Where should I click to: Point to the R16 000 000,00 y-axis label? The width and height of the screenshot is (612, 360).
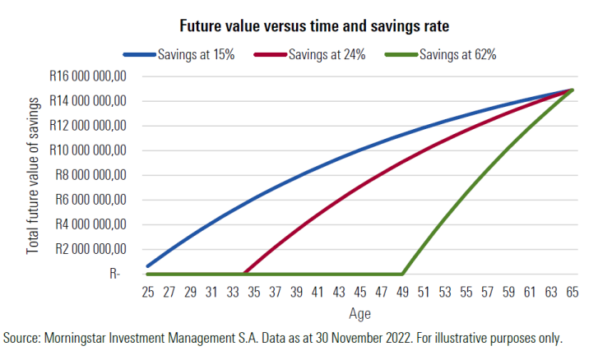(x=86, y=76)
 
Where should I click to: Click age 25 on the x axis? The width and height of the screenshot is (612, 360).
(x=147, y=292)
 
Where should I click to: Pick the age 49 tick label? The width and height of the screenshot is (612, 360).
(x=402, y=292)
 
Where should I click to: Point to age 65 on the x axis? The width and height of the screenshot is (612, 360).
(x=572, y=292)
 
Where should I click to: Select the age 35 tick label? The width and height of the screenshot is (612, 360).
(x=253, y=292)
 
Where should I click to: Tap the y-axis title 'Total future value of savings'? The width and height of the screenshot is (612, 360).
(x=34, y=175)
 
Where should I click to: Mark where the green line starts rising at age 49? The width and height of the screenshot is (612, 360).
(x=402, y=274)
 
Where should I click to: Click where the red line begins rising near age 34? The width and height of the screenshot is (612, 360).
(x=244, y=274)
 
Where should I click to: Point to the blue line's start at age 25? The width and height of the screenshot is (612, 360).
(x=148, y=266)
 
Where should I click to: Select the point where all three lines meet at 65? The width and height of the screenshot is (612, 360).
(x=571, y=90)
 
